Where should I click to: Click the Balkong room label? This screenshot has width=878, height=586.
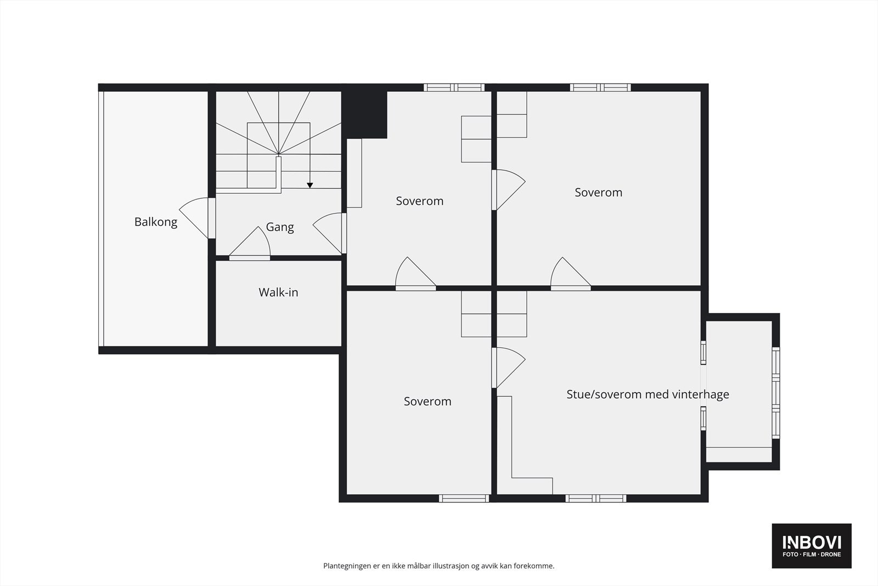[156, 222]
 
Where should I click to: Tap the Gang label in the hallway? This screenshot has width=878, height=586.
[280, 227]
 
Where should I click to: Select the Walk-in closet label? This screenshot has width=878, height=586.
[278, 292]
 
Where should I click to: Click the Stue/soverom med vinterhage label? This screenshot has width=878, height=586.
[648, 394]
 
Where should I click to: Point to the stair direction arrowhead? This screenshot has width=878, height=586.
[309, 186]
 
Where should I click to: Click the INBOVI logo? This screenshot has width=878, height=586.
[812, 545]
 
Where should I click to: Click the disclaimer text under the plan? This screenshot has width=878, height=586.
[438, 566]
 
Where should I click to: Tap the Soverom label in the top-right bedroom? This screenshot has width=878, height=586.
[598, 192]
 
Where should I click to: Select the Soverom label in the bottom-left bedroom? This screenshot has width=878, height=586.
[427, 401]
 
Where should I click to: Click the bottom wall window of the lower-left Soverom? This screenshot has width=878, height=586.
[464, 498]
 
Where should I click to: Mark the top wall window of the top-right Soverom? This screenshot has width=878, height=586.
[600, 87]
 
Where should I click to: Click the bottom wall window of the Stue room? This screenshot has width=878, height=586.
[596, 498]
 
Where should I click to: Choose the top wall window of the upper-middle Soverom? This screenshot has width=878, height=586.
[454, 87]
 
